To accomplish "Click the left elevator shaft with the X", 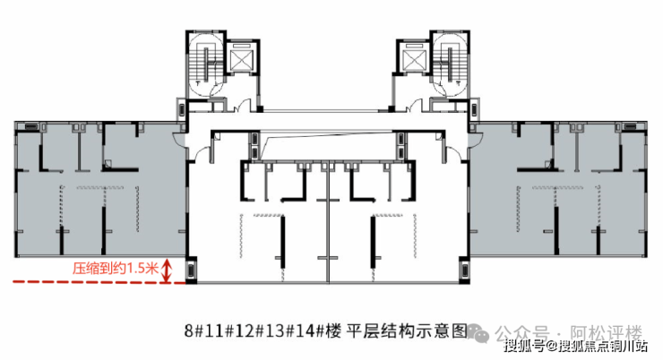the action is click(x=242, y=57).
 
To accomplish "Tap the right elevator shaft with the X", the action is click(x=414, y=57).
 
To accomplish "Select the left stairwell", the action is click(x=206, y=64).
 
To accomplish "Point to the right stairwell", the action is click(x=450, y=64).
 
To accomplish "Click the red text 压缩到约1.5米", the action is click(x=115, y=269).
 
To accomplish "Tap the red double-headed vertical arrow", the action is click(x=168, y=270).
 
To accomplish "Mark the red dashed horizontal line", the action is click(x=99, y=281).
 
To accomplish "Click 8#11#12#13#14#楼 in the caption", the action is click(x=263, y=330).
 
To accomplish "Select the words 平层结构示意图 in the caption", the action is click(x=407, y=330).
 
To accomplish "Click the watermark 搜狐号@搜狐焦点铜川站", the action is click(x=575, y=346).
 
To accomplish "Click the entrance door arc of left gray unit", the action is click(x=179, y=138).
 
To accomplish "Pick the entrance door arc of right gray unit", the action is click(x=476, y=138).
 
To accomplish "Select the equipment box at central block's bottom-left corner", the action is click(x=191, y=270).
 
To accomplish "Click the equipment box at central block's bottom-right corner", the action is click(x=464, y=270).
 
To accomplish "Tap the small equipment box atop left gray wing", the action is click(x=31, y=127).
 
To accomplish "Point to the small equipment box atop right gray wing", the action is click(x=630, y=127).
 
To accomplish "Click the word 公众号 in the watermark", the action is click(x=522, y=332).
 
